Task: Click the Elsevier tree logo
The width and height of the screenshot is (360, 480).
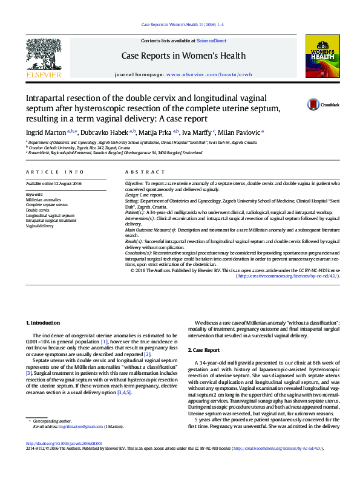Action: pyautogui.click(x=43, y=56)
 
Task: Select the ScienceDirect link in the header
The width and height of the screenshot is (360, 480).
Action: pyautogui.click(x=211, y=41)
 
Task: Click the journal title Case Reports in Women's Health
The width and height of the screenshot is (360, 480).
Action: pyautogui.click(x=184, y=56)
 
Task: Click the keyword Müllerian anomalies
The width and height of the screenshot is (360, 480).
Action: pyautogui.click(x=43, y=199)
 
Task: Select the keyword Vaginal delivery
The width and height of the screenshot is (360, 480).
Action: pyautogui.click(x=40, y=225)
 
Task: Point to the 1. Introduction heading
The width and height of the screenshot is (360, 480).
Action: pyautogui.click(x=43, y=323)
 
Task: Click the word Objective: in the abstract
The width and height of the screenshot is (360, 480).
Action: pyautogui.click(x=134, y=183)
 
